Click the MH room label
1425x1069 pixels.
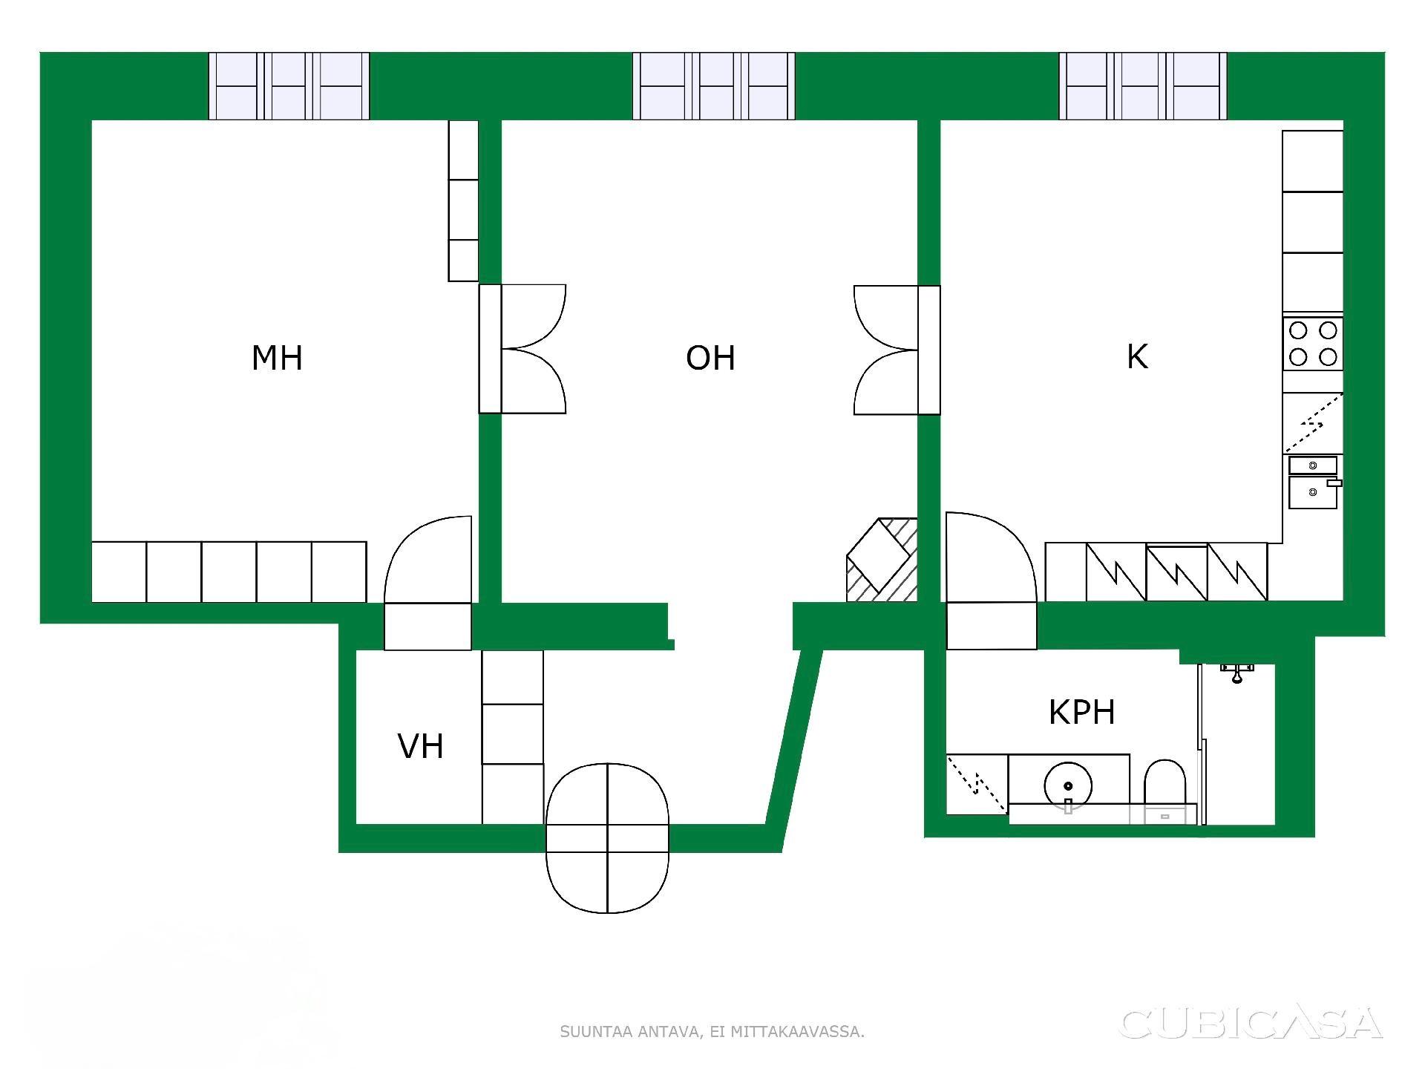click(277, 358)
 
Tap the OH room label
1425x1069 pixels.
click(710, 358)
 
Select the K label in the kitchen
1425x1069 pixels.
click(1137, 356)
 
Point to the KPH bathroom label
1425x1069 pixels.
click(1081, 712)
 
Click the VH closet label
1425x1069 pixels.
click(421, 747)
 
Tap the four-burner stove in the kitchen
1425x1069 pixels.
click(1313, 344)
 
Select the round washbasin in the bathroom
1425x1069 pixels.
click(1068, 785)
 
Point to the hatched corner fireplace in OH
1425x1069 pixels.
click(882, 560)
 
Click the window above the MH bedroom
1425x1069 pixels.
click(289, 86)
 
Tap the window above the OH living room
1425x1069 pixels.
click(714, 86)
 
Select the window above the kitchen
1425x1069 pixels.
click(1143, 86)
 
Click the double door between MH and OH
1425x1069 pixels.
click(522, 349)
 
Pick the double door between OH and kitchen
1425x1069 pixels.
click(897, 350)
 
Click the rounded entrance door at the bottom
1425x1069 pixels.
click(607, 837)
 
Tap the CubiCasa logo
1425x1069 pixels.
click(1251, 1024)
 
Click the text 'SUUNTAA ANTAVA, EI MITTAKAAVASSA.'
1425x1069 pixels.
click(712, 1032)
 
